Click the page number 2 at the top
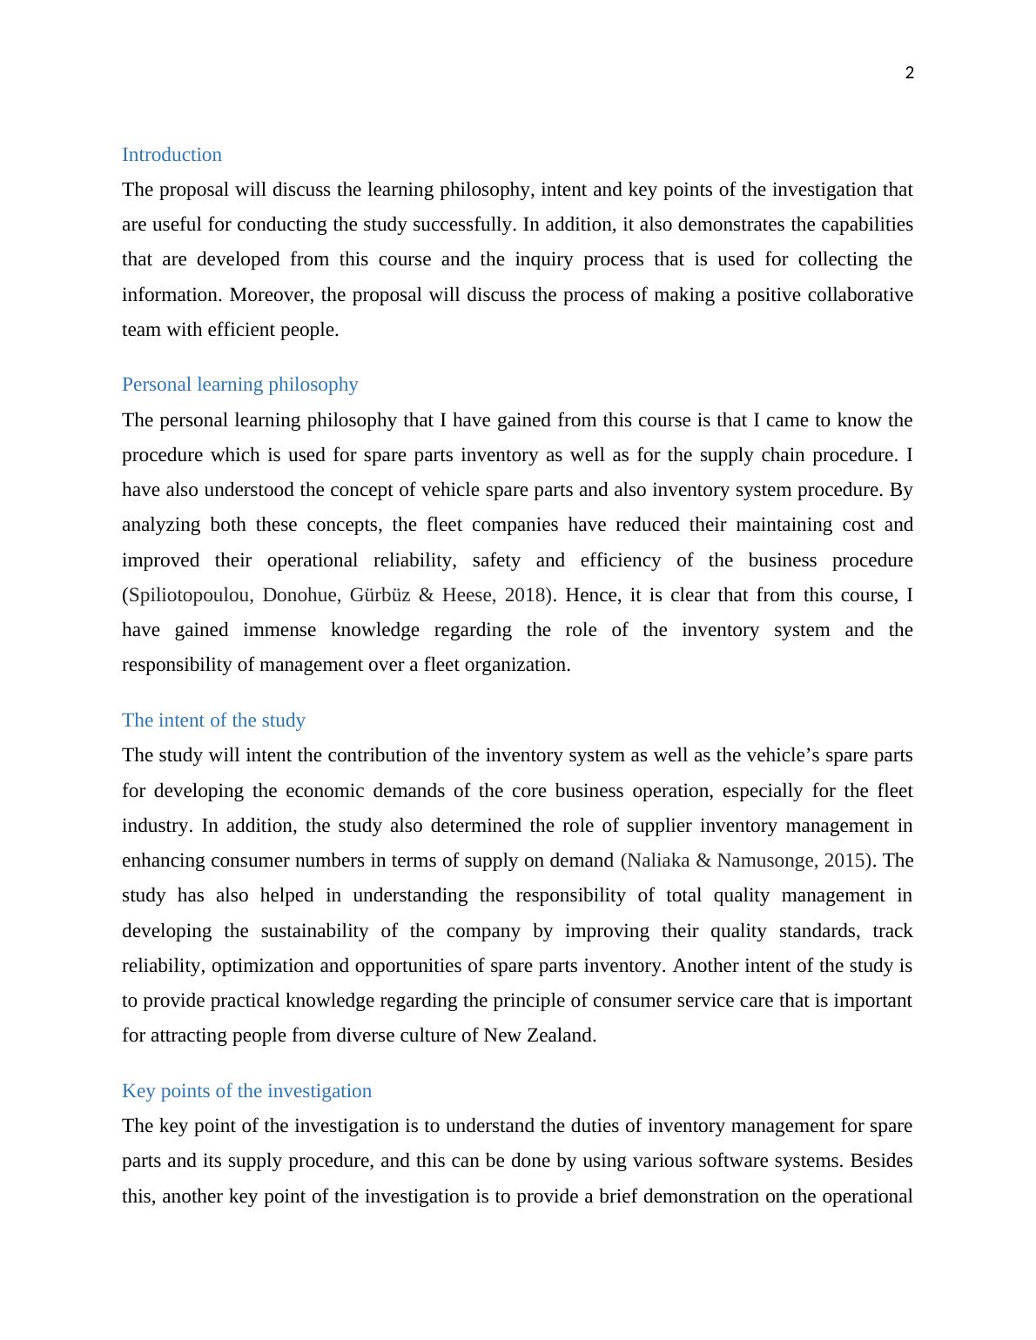pyautogui.click(x=909, y=73)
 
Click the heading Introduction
pyautogui.click(x=172, y=155)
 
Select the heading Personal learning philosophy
pyautogui.click(x=239, y=385)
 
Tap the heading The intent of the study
pyautogui.click(x=213, y=720)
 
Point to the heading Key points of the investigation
pyautogui.click(x=246, y=1091)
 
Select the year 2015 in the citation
pyautogui.click(x=844, y=861)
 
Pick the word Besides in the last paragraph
pyautogui.click(x=881, y=1161)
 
